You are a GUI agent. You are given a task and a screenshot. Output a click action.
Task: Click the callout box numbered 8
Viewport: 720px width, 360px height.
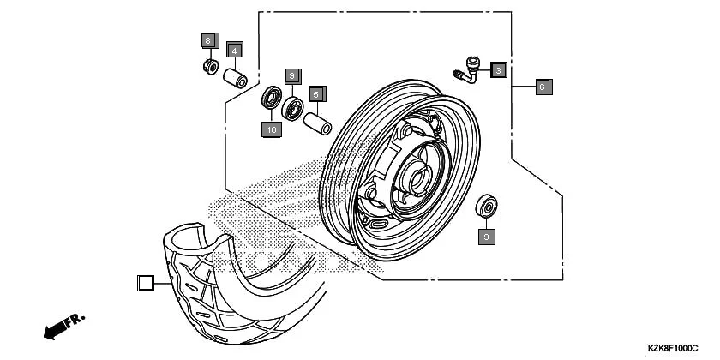point(207,40)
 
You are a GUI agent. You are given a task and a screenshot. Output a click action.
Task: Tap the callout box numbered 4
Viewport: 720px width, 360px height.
point(234,51)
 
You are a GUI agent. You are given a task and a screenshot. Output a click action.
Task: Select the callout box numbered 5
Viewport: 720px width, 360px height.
point(315,93)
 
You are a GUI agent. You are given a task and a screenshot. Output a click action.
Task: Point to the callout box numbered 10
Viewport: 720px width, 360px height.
point(272,129)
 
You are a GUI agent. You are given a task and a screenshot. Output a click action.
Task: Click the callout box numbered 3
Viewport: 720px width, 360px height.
point(498,70)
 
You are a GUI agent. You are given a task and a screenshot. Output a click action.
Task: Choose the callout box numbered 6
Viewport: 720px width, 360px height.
point(543,86)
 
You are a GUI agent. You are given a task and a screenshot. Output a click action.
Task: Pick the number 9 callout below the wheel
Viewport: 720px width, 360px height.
point(487,235)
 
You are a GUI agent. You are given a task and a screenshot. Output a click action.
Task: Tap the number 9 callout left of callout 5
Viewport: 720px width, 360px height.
point(291,76)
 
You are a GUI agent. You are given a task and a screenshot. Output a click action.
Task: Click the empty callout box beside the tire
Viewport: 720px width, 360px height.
point(145,282)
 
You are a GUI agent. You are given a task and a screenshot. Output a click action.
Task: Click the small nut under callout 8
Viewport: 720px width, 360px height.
point(208,66)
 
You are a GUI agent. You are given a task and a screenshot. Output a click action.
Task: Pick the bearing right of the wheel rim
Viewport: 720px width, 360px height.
point(489,205)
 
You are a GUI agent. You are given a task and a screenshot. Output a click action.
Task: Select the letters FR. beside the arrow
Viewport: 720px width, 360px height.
point(76,320)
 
